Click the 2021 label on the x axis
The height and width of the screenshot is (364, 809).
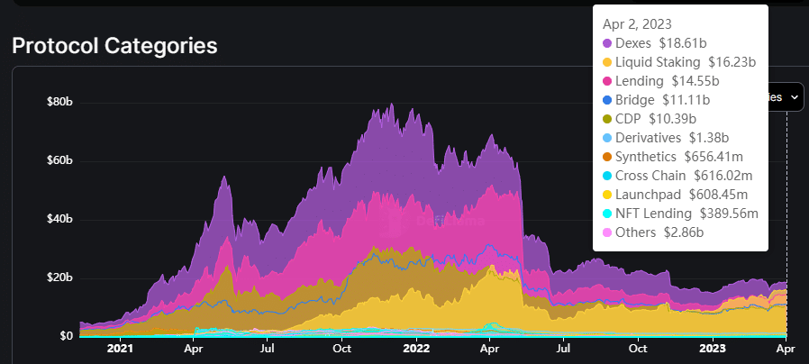120,348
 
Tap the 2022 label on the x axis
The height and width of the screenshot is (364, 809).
415,348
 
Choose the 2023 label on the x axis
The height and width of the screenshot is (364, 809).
713,348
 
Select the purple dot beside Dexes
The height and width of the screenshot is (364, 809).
607,43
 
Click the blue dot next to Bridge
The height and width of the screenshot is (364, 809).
607,100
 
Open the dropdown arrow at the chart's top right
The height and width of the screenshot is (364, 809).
795,96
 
